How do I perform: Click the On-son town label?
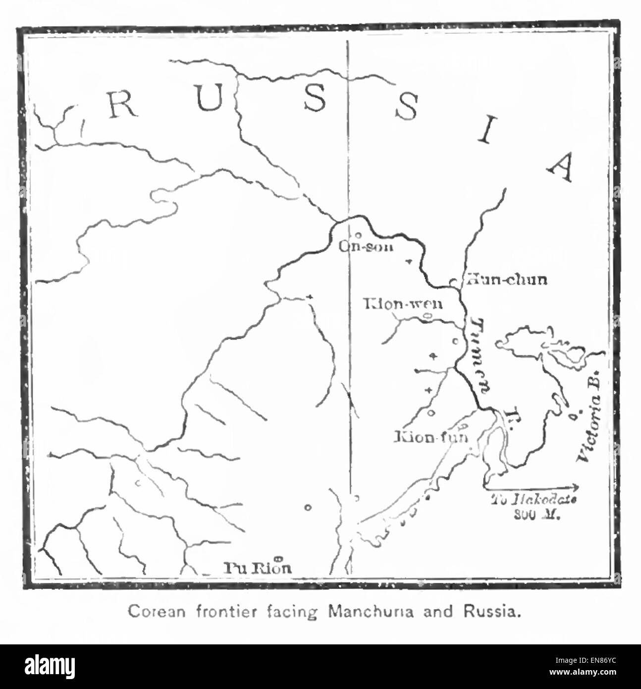tap(366, 246)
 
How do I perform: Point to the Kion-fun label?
tap(430, 437)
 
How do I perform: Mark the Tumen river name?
tap(478, 361)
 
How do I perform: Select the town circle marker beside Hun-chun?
tap(452, 282)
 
